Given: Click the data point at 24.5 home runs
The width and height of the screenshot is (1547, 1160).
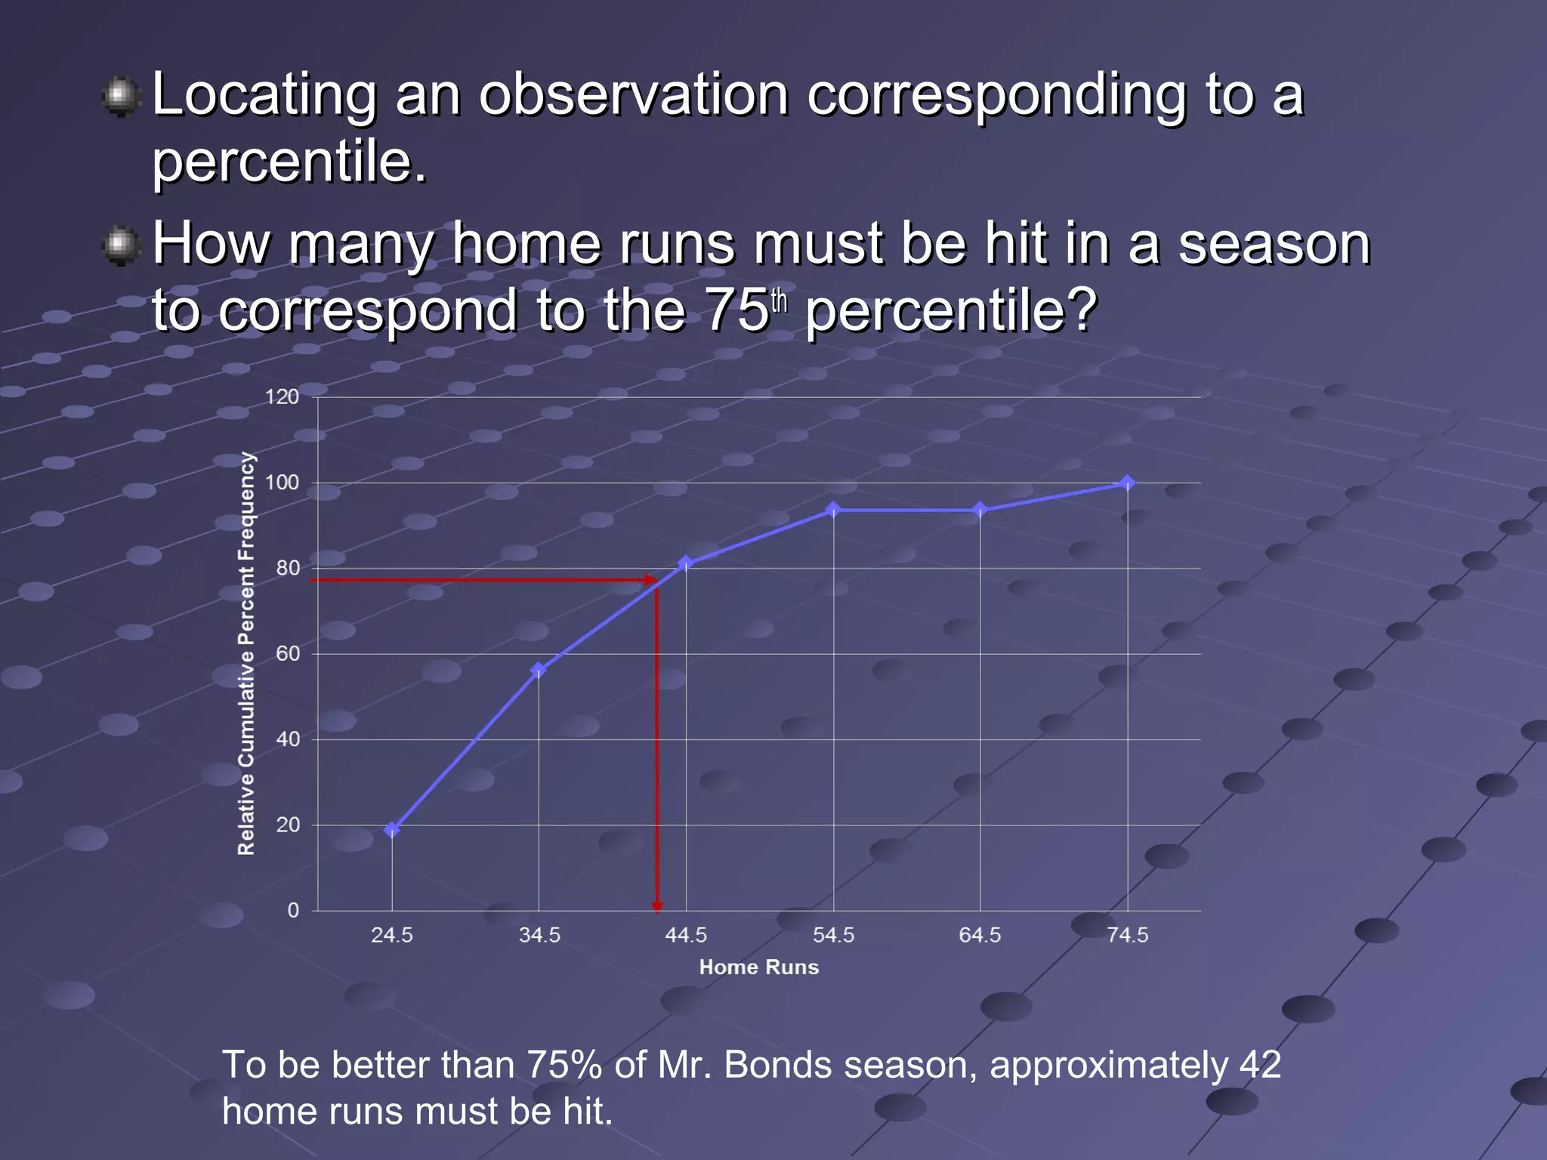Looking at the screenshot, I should pyautogui.click(x=391, y=830).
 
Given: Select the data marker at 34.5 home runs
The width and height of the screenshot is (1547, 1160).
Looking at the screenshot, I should pyautogui.click(x=539, y=670).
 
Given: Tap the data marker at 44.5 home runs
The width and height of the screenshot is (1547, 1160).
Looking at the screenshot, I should pyautogui.click(x=686, y=563).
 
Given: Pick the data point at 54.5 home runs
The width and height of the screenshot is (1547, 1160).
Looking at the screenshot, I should pyautogui.click(x=833, y=510).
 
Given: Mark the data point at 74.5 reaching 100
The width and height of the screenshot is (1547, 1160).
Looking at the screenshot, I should pyautogui.click(x=1127, y=483).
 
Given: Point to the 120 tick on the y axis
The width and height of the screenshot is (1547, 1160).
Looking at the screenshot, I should pyautogui.click(x=282, y=397).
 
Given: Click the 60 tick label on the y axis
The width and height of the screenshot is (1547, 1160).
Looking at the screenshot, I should pyautogui.click(x=288, y=654).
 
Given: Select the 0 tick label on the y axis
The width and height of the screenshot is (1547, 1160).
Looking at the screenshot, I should pyautogui.click(x=293, y=911).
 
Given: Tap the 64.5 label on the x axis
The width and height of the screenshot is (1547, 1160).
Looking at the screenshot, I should pyautogui.click(x=980, y=936).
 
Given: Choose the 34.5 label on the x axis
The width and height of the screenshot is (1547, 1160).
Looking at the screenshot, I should pyautogui.click(x=539, y=936).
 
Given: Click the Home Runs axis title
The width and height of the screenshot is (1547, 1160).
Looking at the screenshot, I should pyautogui.click(x=758, y=967).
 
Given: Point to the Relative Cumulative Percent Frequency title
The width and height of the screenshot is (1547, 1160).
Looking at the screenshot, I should pyautogui.click(x=246, y=653).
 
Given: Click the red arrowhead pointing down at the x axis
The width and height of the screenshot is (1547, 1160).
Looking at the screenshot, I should pyautogui.click(x=657, y=906).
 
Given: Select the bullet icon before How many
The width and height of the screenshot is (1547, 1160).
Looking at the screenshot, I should pyautogui.click(x=121, y=246).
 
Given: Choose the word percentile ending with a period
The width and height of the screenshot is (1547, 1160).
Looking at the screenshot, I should pyautogui.click(x=289, y=162).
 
